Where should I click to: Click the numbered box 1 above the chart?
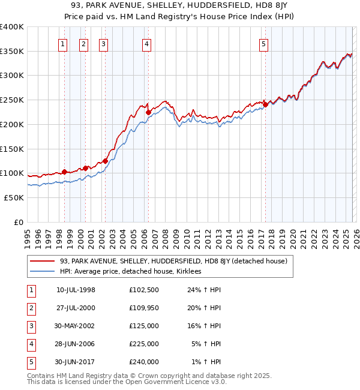[x=62, y=43]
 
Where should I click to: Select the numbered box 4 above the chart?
[x=147, y=43]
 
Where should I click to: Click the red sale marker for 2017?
[x=265, y=104]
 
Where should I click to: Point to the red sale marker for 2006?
[x=148, y=111]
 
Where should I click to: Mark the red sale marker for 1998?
[x=64, y=172]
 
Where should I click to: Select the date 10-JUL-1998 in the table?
[x=76, y=290]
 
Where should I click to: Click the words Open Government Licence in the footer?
[x=180, y=382]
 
